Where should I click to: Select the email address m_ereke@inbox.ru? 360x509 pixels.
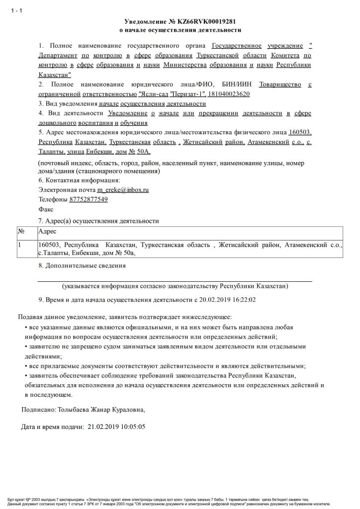coord(123,189)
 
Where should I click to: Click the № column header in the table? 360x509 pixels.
coord(21,232)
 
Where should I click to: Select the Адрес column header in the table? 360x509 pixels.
coord(47,232)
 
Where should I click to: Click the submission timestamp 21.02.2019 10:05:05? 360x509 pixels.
coord(116,426)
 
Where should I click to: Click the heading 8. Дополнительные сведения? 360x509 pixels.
coord(82,265)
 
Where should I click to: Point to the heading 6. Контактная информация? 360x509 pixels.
coord(79,179)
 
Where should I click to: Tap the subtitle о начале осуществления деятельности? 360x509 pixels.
coord(180,31)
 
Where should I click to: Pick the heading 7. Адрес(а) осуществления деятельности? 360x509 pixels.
coord(98,220)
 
